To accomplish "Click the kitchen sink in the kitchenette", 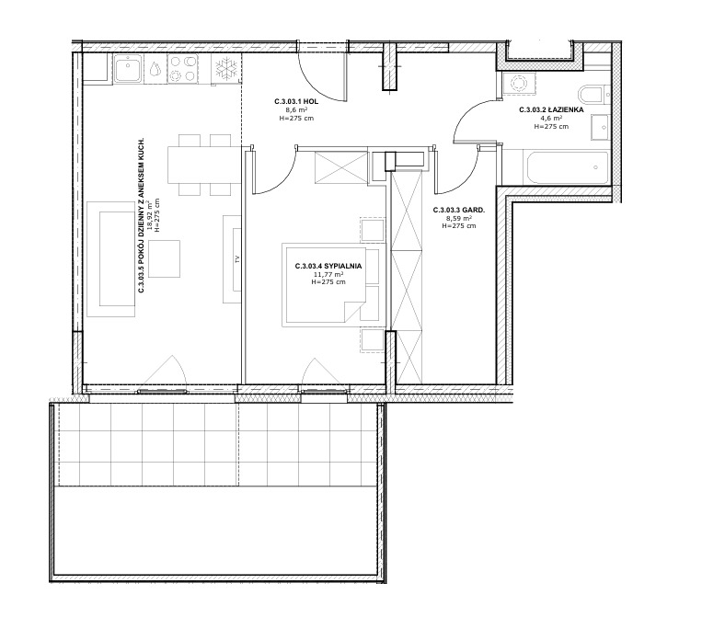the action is click(129, 68).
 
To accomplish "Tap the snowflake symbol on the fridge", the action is click(225, 68).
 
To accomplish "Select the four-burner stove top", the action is click(183, 68).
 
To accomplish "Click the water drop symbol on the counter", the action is click(155, 68).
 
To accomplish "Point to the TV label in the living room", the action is click(237, 258).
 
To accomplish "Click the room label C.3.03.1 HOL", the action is click(296, 101).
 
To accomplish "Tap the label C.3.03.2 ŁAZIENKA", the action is click(551, 109).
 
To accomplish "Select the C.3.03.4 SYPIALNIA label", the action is click(328, 266).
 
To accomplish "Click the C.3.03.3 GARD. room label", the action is click(459, 210).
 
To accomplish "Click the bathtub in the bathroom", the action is click(566, 167).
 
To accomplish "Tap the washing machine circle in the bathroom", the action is click(519, 84).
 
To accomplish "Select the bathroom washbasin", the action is click(600, 127).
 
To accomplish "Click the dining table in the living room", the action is click(200, 165).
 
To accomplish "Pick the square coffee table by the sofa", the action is click(165, 258).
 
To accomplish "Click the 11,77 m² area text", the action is click(328, 274).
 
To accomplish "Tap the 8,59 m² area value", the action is click(459, 218).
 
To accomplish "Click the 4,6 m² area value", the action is click(551, 118).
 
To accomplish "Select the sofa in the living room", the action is click(110, 259).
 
